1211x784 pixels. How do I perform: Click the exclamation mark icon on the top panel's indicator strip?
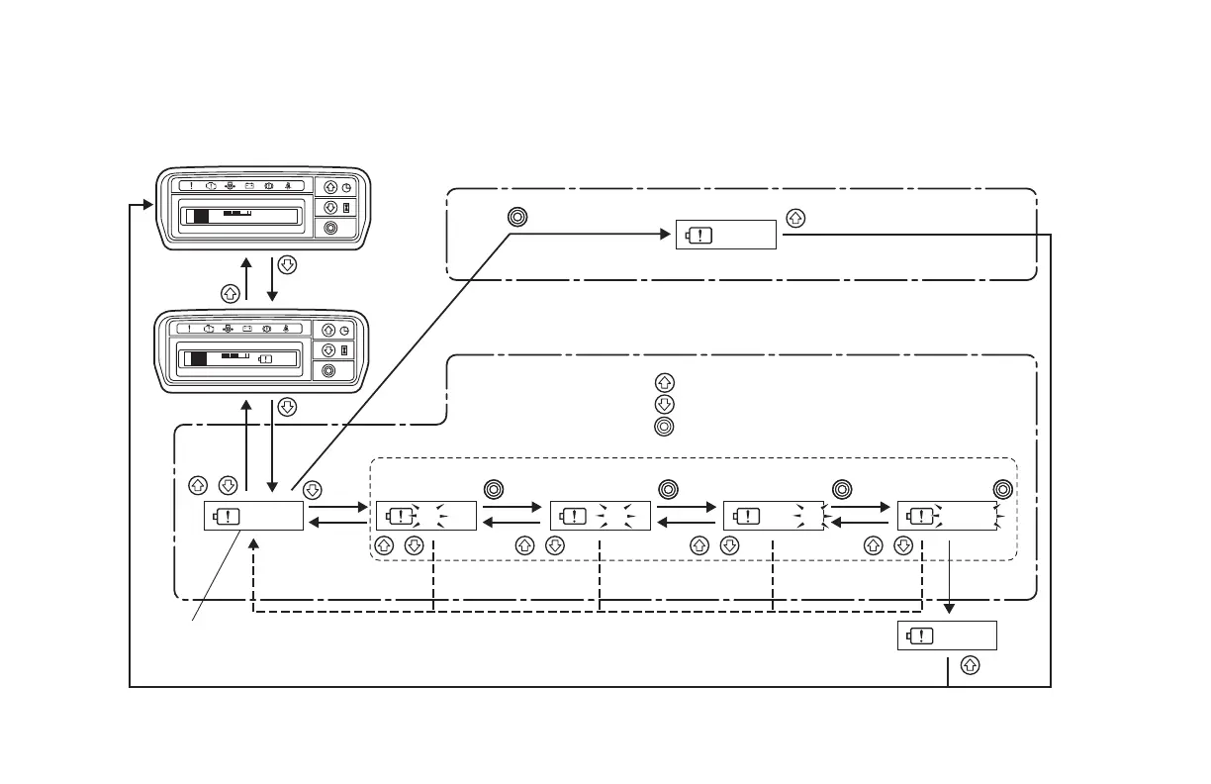coord(191,185)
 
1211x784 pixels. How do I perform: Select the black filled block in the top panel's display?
coord(202,216)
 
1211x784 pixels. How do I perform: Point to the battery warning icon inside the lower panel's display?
coord(265,358)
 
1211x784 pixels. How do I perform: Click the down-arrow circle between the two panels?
coord(287,264)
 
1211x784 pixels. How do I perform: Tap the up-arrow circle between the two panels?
coord(230,293)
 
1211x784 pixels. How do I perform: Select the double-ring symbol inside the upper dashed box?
coord(515,217)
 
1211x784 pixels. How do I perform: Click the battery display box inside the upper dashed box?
coord(725,236)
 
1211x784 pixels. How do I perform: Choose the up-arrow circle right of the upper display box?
coord(792,217)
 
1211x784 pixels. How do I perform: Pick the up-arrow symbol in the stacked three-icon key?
coord(665,383)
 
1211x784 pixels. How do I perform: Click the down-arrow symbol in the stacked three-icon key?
coord(665,405)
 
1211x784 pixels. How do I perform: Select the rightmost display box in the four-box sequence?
coord(947,516)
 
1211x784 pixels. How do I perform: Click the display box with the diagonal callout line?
coord(253,516)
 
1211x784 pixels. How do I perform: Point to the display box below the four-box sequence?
coord(947,636)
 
